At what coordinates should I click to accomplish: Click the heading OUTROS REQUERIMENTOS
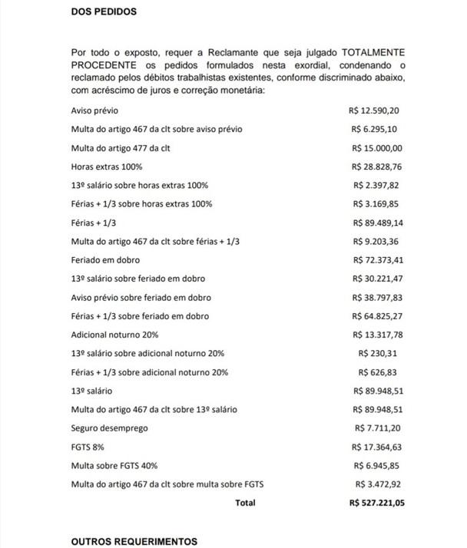(x=134, y=541)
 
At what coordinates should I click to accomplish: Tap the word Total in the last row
(x=245, y=503)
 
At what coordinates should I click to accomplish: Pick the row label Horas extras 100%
(x=107, y=167)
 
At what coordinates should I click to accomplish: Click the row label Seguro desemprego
(x=109, y=428)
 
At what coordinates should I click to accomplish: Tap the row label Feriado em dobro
(x=105, y=260)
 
